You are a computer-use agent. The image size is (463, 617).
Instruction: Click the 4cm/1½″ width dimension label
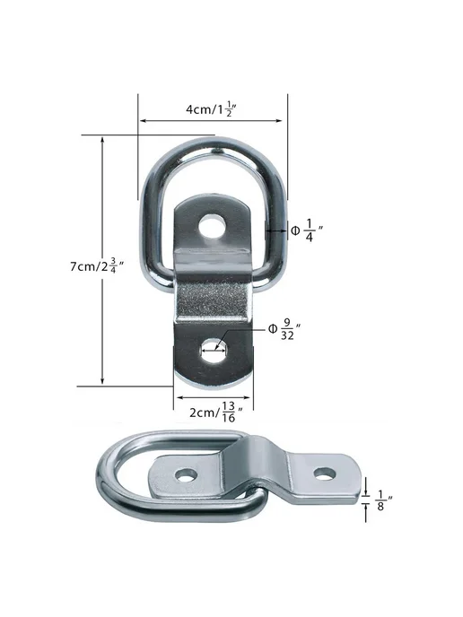click(x=211, y=109)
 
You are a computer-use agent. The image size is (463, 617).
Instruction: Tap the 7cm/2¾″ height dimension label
click(x=97, y=266)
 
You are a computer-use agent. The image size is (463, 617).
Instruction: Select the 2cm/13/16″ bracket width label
click(x=216, y=412)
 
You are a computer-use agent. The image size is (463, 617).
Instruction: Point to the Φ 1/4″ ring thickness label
click(x=307, y=230)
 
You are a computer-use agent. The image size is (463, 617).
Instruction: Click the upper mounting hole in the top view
click(x=213, y=227)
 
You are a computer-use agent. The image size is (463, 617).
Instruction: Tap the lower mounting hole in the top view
click(x=214, y=351)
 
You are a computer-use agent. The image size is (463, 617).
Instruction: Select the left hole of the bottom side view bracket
click(x=186, y=475)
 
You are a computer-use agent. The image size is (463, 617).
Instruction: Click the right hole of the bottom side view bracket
click(x=325, y=474)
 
